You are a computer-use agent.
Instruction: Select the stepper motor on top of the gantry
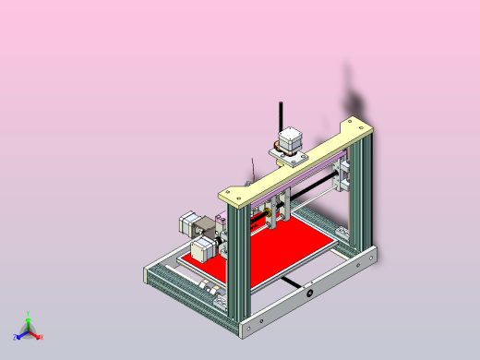click(290, 140)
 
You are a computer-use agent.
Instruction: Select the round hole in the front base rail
click(310, 293)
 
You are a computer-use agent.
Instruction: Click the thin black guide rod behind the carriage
click(314, 195)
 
